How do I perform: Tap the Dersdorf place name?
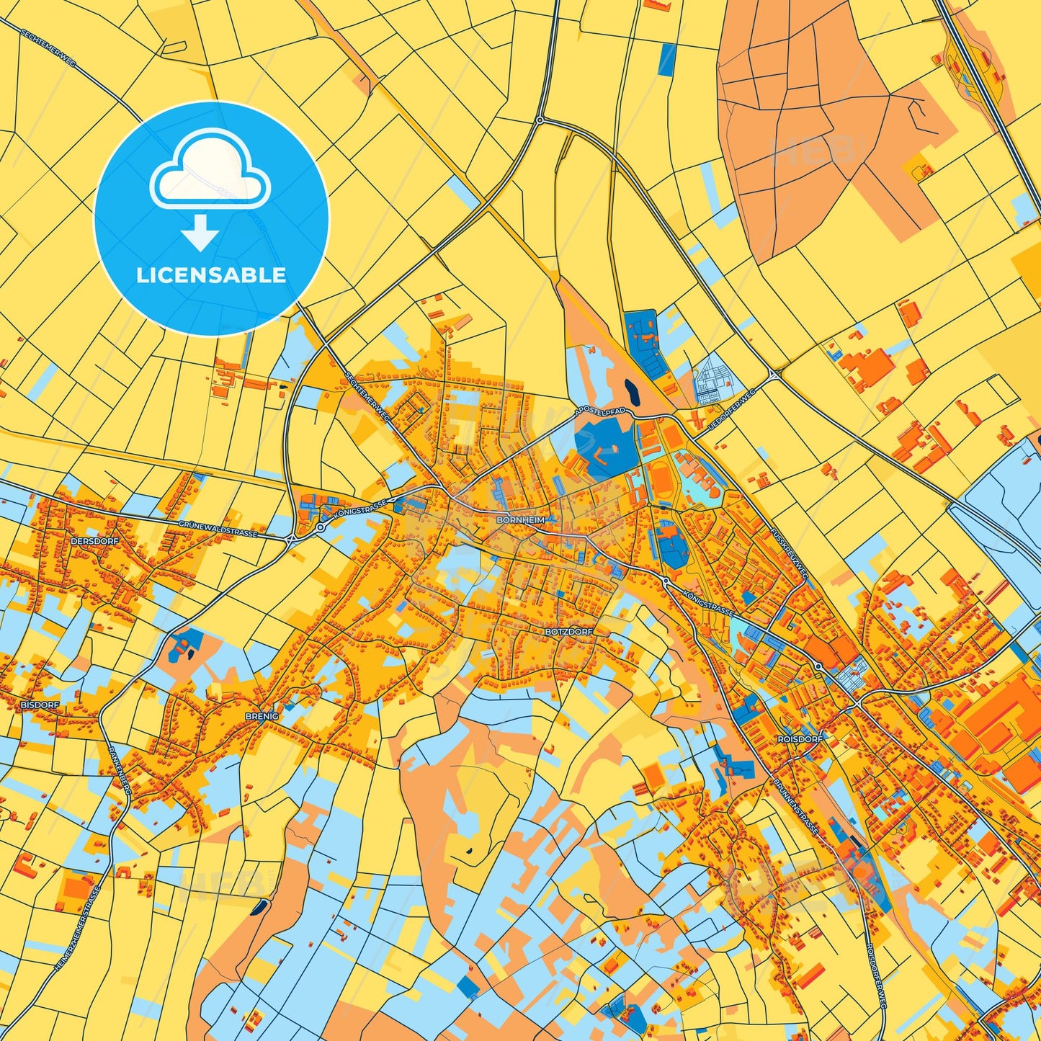tap(94, 540)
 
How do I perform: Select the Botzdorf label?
tap(569, 631)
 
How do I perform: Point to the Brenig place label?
tap(262, 716)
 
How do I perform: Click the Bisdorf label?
tap(40, 704)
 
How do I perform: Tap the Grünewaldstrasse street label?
tap(217, 530)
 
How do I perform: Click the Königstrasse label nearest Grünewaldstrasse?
tap(361, 508)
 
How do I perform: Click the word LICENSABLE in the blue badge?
tap(211, 275)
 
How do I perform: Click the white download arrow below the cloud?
tap(200, 233)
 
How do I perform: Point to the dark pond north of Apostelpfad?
tap(632, 393)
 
